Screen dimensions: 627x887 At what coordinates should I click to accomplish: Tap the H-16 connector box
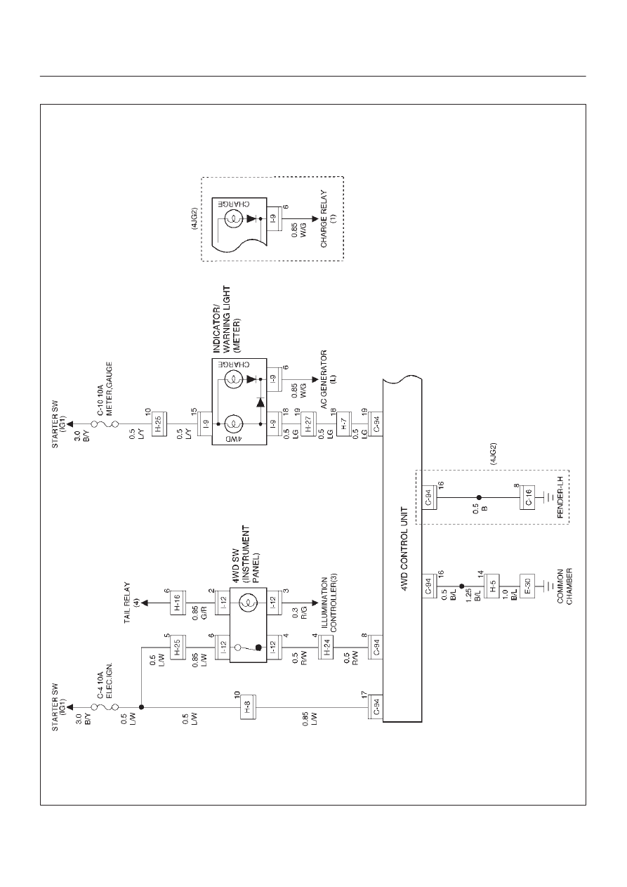click(178, 603)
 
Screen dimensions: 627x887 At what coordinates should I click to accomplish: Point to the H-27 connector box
click(308, 424)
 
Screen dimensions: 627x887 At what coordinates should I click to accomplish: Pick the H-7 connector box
click(344, 424)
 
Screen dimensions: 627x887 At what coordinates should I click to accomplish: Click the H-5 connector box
click(492, 586)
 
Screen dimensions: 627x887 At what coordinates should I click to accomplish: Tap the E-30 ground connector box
click(527, 586)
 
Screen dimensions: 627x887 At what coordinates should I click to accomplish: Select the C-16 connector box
click(527, 497)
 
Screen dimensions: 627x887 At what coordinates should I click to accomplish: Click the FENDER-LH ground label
click(560, 497)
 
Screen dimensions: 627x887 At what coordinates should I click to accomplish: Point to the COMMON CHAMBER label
click(565, 586)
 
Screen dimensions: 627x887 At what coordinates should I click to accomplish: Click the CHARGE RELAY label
click(328, 219)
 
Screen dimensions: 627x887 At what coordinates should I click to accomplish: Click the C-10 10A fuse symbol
click(105, 424)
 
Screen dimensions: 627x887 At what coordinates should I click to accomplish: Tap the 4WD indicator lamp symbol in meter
click(233, 424)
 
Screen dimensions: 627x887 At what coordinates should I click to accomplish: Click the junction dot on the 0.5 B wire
click(479, 497)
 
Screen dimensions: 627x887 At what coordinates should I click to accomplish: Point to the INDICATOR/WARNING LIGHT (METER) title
click(227, 320)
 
